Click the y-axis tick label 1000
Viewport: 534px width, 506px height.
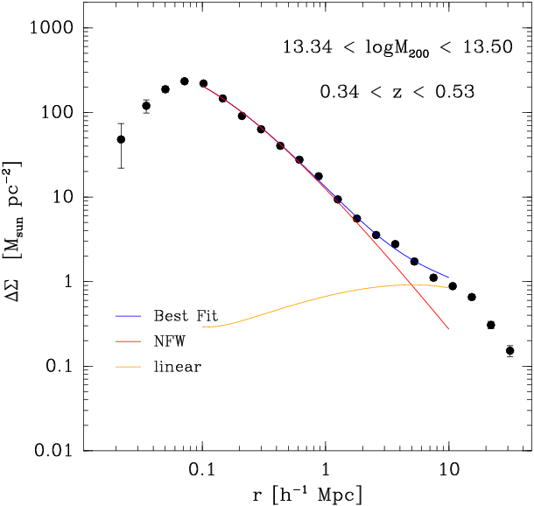point(54,28)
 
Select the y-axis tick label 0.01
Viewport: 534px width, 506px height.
point(57,451)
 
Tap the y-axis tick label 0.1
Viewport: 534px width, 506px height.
point(62,367)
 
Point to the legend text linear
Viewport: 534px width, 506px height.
point(178,367)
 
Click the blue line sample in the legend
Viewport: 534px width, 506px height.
point(129,316)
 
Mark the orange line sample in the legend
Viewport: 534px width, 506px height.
point(129,367)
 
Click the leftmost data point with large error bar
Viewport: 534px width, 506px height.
point(122,139)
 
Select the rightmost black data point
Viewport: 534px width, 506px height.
point(509,351)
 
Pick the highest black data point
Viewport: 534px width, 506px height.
point(185,81)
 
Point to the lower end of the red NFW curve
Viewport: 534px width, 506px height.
point(448,329)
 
